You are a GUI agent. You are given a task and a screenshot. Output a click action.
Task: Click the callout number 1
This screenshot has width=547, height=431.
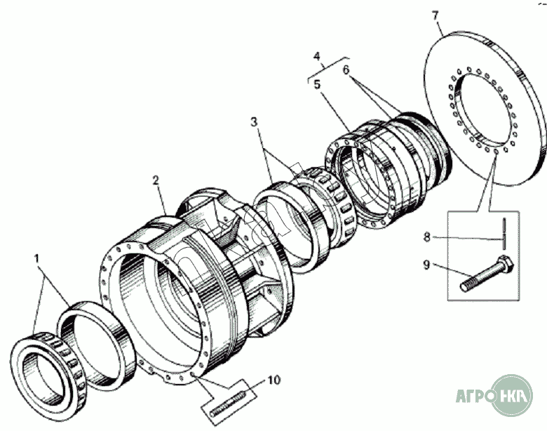click(x=36, y=259)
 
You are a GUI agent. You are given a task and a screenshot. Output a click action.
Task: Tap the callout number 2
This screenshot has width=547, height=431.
click(x=156, y=180)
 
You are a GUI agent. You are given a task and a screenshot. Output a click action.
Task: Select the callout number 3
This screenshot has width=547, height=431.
click(x=254, y=122)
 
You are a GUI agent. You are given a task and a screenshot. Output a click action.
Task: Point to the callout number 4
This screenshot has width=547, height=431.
click(x=317, y=56)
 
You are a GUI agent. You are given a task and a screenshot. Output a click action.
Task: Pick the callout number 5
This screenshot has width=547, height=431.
click(x=317, y=84)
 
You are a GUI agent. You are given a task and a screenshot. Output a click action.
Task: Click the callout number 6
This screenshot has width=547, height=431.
click(x=345, y=70)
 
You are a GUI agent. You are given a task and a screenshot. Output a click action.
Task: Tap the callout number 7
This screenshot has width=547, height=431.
click(x=435, y=15)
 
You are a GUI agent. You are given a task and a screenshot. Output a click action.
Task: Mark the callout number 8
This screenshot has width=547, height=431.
click(x=426, y=237)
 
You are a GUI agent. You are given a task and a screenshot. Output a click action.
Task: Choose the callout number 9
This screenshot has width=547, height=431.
click(x=426, y=265)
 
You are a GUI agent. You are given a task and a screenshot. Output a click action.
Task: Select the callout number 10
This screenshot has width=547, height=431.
click(x=274, y=380)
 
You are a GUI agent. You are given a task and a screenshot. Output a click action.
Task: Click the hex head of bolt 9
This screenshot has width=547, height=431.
click(x=505, y=264)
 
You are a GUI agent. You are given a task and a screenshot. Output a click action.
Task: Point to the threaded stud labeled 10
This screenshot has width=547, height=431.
click(x=227, y=404)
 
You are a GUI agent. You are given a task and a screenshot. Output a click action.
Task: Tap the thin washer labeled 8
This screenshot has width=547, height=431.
click(x=504, y=234)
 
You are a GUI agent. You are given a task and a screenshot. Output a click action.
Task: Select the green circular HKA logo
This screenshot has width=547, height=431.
click(x=512, y=395)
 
